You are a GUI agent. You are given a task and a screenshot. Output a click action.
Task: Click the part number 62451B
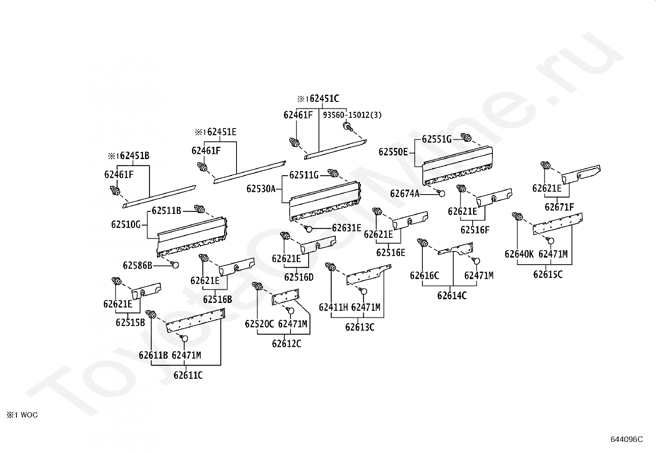pyautogui.click(x=134, y=156)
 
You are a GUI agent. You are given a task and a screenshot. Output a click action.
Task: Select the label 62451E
pyautogui.click(x=222, y=132)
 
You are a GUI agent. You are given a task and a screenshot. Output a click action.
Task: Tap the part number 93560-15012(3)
pyautogui.click(x=352, y=115)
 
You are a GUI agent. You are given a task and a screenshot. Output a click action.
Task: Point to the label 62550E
pyautogui.click(x=393, y=152)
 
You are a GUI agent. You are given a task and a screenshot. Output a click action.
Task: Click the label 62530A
pyautogui.click(x=261, y=189)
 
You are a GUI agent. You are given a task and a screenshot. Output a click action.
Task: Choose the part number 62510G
pyautogui.click(x=126, y=225)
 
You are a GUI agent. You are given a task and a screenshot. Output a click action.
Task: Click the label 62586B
pyautogui.click(x=138, y=265)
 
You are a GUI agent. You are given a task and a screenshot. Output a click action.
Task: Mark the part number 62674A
pyautogui.click(x=405, y=193)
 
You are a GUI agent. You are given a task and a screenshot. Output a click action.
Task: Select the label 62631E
pyautogui.click(x=347, y=228)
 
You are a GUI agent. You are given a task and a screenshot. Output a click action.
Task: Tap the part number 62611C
pyautogui.click(x=188, y=376)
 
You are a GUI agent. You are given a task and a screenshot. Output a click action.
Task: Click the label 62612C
pyautogui.click(x=286, y=343)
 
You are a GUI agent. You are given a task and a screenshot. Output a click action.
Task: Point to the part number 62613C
pyautogui.click(x=360, y=327)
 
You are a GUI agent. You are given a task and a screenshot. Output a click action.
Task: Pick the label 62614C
pyautogui.click(x=452, y=296)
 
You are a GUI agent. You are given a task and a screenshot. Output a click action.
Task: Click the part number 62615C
pyautogui.click(x=548, y=274)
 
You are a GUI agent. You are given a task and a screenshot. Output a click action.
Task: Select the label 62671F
pyautogui.click(x=559, y=207)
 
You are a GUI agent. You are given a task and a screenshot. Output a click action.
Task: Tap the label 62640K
pyautogui.click(x=519, y=254)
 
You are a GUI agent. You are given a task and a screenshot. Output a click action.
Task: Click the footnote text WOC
pyautogui.click(x=29, y=415)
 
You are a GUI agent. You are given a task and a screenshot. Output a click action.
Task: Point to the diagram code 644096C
pyautogui.click(x=626, y=439)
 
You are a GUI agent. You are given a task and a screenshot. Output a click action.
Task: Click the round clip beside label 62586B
pyautogui.click(x=175, y=265)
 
